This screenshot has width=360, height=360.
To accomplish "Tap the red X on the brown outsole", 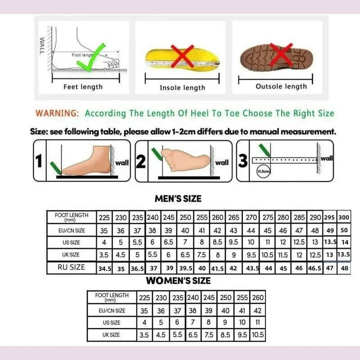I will point(280,56).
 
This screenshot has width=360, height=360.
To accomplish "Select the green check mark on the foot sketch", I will point(91,58).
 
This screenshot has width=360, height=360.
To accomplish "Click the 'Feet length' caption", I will point(83,87).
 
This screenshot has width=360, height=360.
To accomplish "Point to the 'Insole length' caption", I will point(182,88).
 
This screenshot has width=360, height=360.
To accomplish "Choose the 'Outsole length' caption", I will point(281,86).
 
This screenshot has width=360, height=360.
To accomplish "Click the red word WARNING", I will point(57,113).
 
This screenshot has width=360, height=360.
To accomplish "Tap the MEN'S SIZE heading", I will point(178,198).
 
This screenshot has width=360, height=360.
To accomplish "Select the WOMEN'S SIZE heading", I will point(178,281).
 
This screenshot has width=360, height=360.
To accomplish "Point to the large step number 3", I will point(243,161).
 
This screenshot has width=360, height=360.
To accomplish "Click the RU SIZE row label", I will point(72,267).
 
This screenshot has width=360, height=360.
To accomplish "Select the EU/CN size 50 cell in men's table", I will point(344,230).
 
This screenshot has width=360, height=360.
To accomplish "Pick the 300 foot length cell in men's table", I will point(344,217).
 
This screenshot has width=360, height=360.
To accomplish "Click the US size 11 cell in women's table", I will point(258,322).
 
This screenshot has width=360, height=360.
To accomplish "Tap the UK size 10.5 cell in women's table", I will point(258,335).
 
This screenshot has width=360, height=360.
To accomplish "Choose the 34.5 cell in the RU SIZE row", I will point(104,268).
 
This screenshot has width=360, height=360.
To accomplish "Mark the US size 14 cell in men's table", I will point(345,243).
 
